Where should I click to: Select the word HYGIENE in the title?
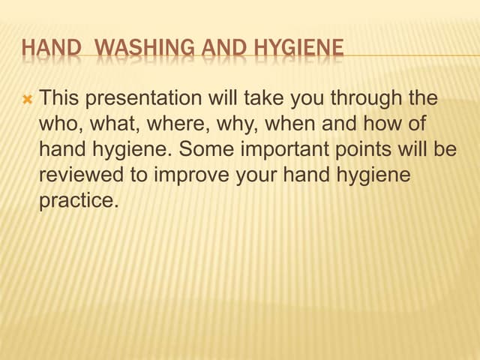tap(300, 49)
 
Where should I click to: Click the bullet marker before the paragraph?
tap(28, 98)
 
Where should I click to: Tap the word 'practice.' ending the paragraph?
tap(79, 200)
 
